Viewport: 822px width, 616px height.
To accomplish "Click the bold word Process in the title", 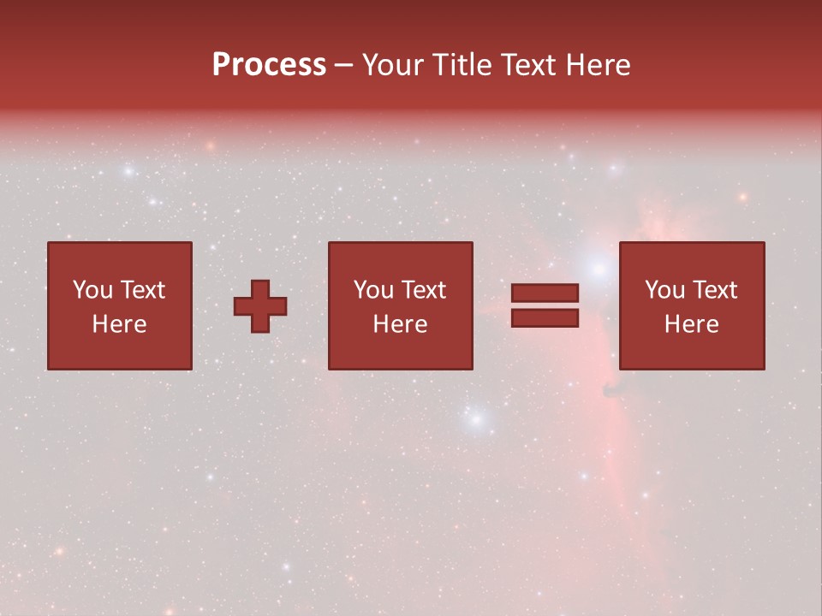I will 269,65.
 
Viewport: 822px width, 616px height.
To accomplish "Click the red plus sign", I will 260,306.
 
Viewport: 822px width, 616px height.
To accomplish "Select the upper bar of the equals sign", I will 545,293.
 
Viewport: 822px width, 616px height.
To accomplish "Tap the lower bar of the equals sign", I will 545,318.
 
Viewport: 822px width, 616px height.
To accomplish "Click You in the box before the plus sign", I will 92,290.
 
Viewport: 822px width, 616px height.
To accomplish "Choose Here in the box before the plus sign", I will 119,324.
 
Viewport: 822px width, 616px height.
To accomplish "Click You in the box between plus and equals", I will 373,290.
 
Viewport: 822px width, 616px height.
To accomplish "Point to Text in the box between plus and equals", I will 424,290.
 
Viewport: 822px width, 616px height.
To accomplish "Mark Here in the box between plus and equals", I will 400,324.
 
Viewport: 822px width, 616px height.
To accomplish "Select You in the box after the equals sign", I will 664,290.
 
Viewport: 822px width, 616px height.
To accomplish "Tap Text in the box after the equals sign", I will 715,290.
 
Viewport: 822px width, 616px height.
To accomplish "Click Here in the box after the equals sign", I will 691,324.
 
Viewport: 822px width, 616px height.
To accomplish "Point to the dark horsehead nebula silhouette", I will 613,390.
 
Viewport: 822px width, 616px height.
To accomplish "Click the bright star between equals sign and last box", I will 598,269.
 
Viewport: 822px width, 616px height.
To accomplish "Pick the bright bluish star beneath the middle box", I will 477,419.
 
